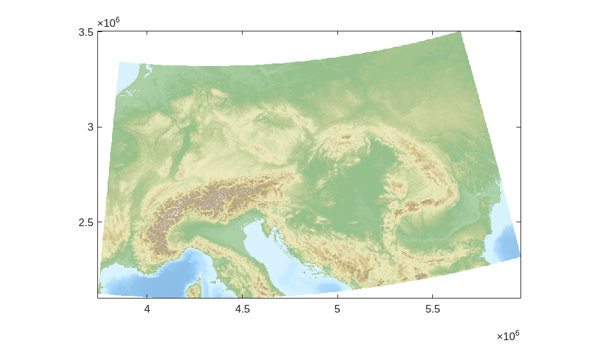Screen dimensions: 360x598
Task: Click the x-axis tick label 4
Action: (147, 309)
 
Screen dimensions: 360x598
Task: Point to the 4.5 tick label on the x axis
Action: (242, 309)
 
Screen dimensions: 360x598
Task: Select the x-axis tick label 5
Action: (337, 309)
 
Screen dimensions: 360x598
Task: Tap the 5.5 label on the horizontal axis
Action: (432, 309)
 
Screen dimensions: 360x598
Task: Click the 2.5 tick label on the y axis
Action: (86, 222)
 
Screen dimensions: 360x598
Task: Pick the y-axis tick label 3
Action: (90, 127)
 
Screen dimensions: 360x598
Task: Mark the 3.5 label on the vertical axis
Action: (86, 32)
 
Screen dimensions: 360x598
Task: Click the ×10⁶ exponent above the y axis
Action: (108, 23)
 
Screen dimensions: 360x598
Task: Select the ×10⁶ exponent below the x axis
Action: (508, 336)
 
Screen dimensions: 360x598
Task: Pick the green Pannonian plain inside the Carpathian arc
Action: (359, 186)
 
